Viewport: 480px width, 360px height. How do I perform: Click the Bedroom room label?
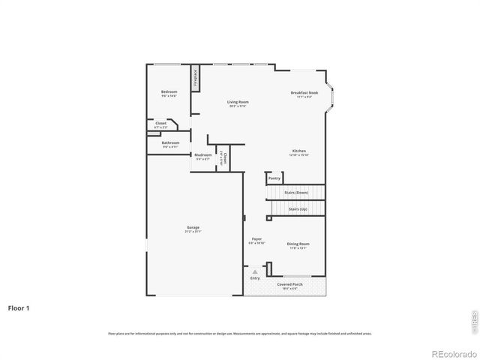[x=169, y=92]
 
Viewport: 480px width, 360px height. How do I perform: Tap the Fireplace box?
[x=195, y=79]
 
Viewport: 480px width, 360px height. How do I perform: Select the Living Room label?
[x=238, y=102]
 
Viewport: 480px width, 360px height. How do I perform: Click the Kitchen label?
[x=299, y=151]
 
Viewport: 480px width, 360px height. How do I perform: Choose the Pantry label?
[x=274, y=178]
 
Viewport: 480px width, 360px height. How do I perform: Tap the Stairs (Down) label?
[x=296, y=193]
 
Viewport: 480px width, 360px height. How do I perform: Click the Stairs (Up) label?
[x=298, y=209]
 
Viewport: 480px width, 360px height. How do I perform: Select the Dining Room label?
[x=298, y=244]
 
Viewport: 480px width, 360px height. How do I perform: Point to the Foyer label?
[x=256, y=241]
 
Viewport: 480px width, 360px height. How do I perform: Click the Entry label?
[x=255, y=278]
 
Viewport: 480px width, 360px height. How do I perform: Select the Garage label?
[x=193, y=227]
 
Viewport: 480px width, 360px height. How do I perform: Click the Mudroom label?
[x=203, y=155]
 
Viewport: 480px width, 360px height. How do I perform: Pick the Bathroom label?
[x=170, y=142]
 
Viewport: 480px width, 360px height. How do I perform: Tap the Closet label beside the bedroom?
[x=160, y=123]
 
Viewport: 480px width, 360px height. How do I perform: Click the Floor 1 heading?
[x=19, y=307]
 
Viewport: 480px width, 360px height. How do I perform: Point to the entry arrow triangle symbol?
[x=255, y=271]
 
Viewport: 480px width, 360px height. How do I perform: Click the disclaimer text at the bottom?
[x=239, y=333]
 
